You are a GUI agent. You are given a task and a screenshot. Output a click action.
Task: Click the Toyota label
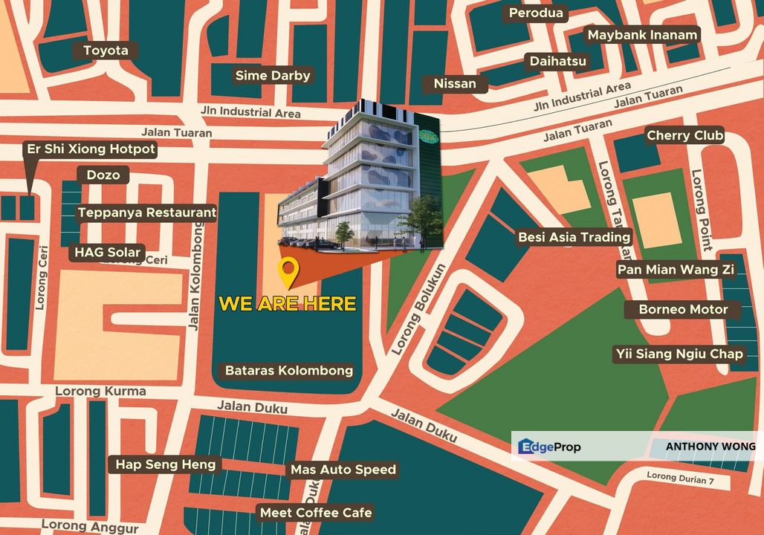click(106, 51)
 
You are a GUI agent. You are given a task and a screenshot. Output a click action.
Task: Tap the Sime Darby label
click(273, 75)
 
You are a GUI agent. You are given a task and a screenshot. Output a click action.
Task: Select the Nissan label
click(455, 83)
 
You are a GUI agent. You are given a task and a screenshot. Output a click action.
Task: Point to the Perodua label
click(536, 13)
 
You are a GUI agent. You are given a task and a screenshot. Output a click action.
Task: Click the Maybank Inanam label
click(642, 35)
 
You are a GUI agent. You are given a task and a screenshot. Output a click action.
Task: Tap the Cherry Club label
click(684, 135)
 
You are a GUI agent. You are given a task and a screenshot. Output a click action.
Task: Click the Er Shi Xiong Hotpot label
click(91, 149)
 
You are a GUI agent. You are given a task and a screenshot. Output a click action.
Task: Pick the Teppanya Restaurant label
click(147, 213)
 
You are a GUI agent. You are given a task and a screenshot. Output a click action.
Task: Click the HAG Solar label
click(108, 252)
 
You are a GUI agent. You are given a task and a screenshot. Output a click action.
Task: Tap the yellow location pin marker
click(288, 273)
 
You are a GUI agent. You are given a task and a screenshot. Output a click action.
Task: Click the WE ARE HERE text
click(287, 304)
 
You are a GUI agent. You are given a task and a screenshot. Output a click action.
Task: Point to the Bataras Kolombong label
click(288, 370)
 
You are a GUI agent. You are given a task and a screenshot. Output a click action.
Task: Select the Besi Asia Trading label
click(574, 237)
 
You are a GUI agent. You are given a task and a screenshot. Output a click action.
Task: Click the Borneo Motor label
click(683, 309)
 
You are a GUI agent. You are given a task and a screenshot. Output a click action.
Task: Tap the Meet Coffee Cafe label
click(315, 513)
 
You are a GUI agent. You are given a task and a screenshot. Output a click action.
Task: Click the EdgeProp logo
click(549, 447)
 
